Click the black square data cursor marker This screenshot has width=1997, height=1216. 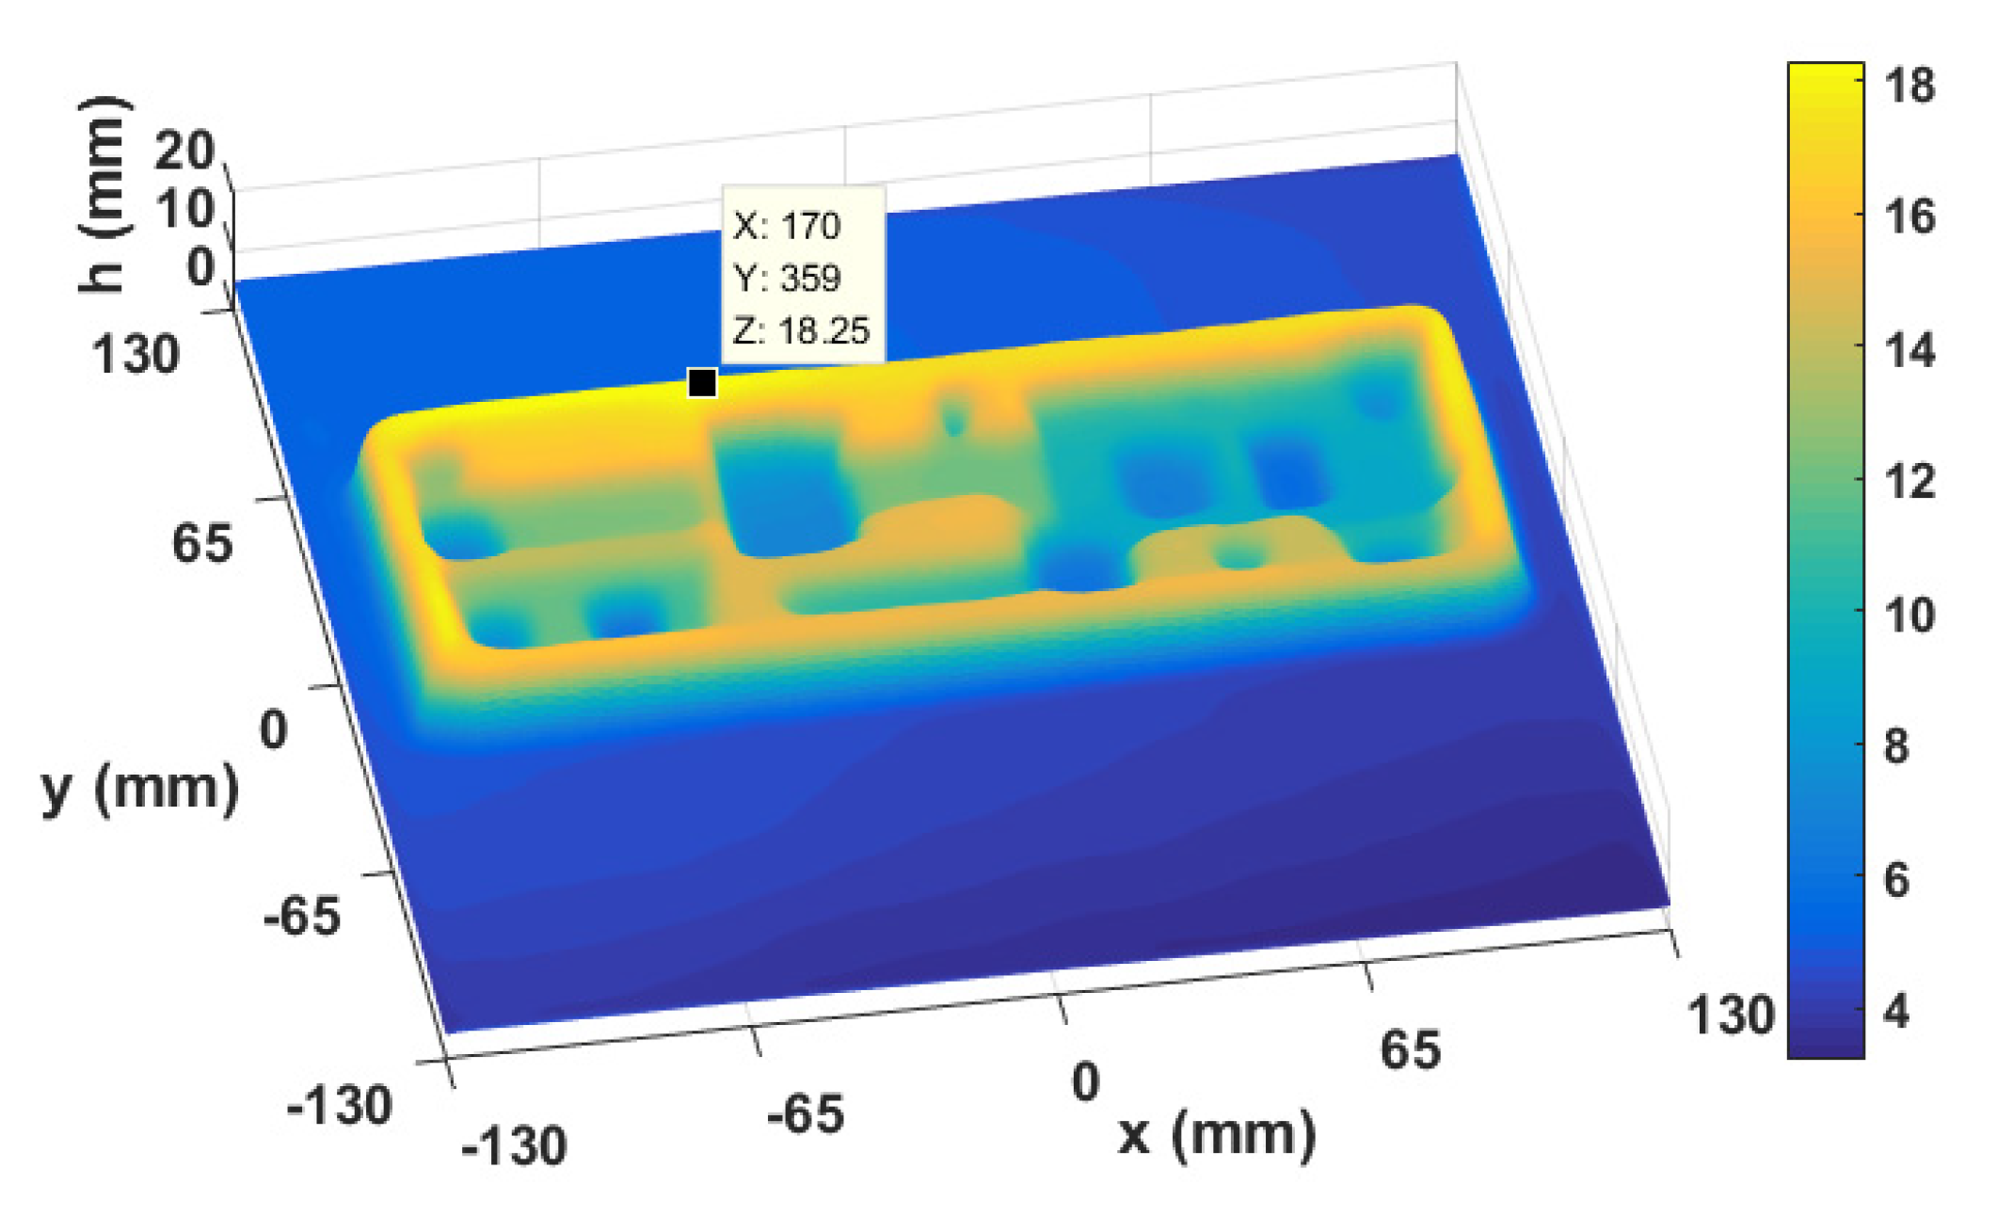(702, 383)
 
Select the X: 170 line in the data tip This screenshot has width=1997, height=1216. (787, 227)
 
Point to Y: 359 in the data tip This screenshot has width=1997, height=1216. (787, 279)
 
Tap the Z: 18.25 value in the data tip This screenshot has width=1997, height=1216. (802, 331)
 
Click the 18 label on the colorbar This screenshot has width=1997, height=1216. (1909, 86)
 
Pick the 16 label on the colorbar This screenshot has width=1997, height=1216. (1909, 217)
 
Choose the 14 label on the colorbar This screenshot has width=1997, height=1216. (1909, 350)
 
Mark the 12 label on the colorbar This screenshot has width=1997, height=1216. (1909, 482)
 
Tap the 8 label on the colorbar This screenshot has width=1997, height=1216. (1896, 747)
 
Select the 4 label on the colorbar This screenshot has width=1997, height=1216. (1896, 1013)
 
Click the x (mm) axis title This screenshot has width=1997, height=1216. (1217, 1135)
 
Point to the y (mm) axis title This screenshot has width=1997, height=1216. (140, 789)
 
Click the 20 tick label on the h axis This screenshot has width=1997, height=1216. (184, 151)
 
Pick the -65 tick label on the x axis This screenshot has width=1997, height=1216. (805, 1116)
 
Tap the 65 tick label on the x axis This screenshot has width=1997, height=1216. (1410, 1050)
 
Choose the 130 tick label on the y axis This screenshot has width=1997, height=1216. (135, 356)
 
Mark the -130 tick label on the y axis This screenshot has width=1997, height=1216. (339, 1105)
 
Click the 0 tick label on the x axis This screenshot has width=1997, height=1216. (1085, 1082)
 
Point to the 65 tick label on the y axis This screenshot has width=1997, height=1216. (201, 544)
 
